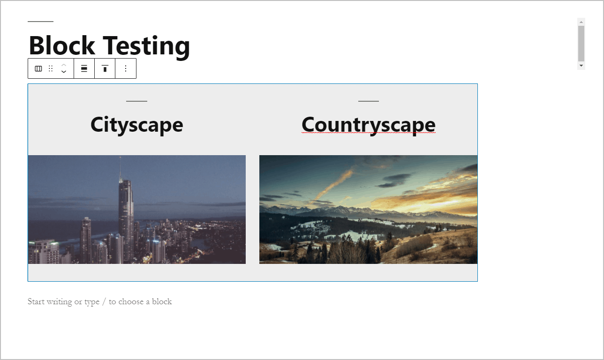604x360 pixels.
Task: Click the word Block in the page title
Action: click(x=62, y=45)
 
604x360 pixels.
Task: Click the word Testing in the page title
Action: click(x=147, y=45)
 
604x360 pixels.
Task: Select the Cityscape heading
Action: click(x=136, y=125)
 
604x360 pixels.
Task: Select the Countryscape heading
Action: click(x=368, y=125)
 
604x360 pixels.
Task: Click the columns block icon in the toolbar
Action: click(x=38, y=68)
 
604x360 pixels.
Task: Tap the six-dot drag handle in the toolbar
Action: click(x=51, y=68)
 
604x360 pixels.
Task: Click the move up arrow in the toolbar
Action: click(x=64, y=65)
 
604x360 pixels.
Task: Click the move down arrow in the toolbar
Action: click(x=64, y=72)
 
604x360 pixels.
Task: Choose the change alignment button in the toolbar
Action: click(x=84, y=68)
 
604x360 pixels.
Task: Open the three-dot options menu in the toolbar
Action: click(x=125, y=68)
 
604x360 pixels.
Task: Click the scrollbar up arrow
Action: click(x=581, y=22)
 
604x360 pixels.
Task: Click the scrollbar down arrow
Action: click(x=581, y=66)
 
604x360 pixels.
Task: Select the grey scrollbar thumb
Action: click(x=581, y=43)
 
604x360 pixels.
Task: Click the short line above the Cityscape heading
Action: click(x=136, y=101)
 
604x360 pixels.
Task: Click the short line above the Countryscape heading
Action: click(x=368, y=101)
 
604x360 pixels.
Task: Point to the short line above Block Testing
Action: click(x=40, y=22)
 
